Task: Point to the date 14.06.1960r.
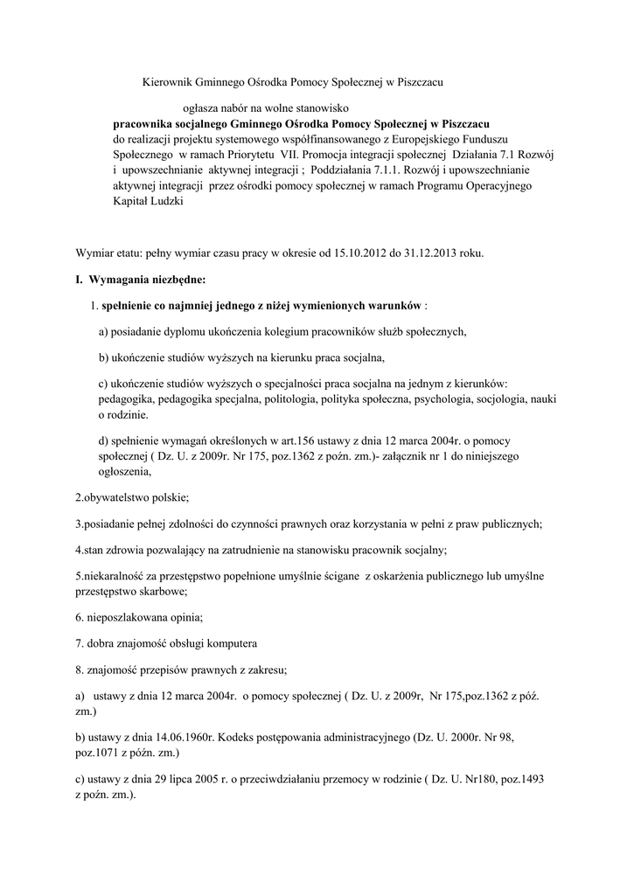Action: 186,737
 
